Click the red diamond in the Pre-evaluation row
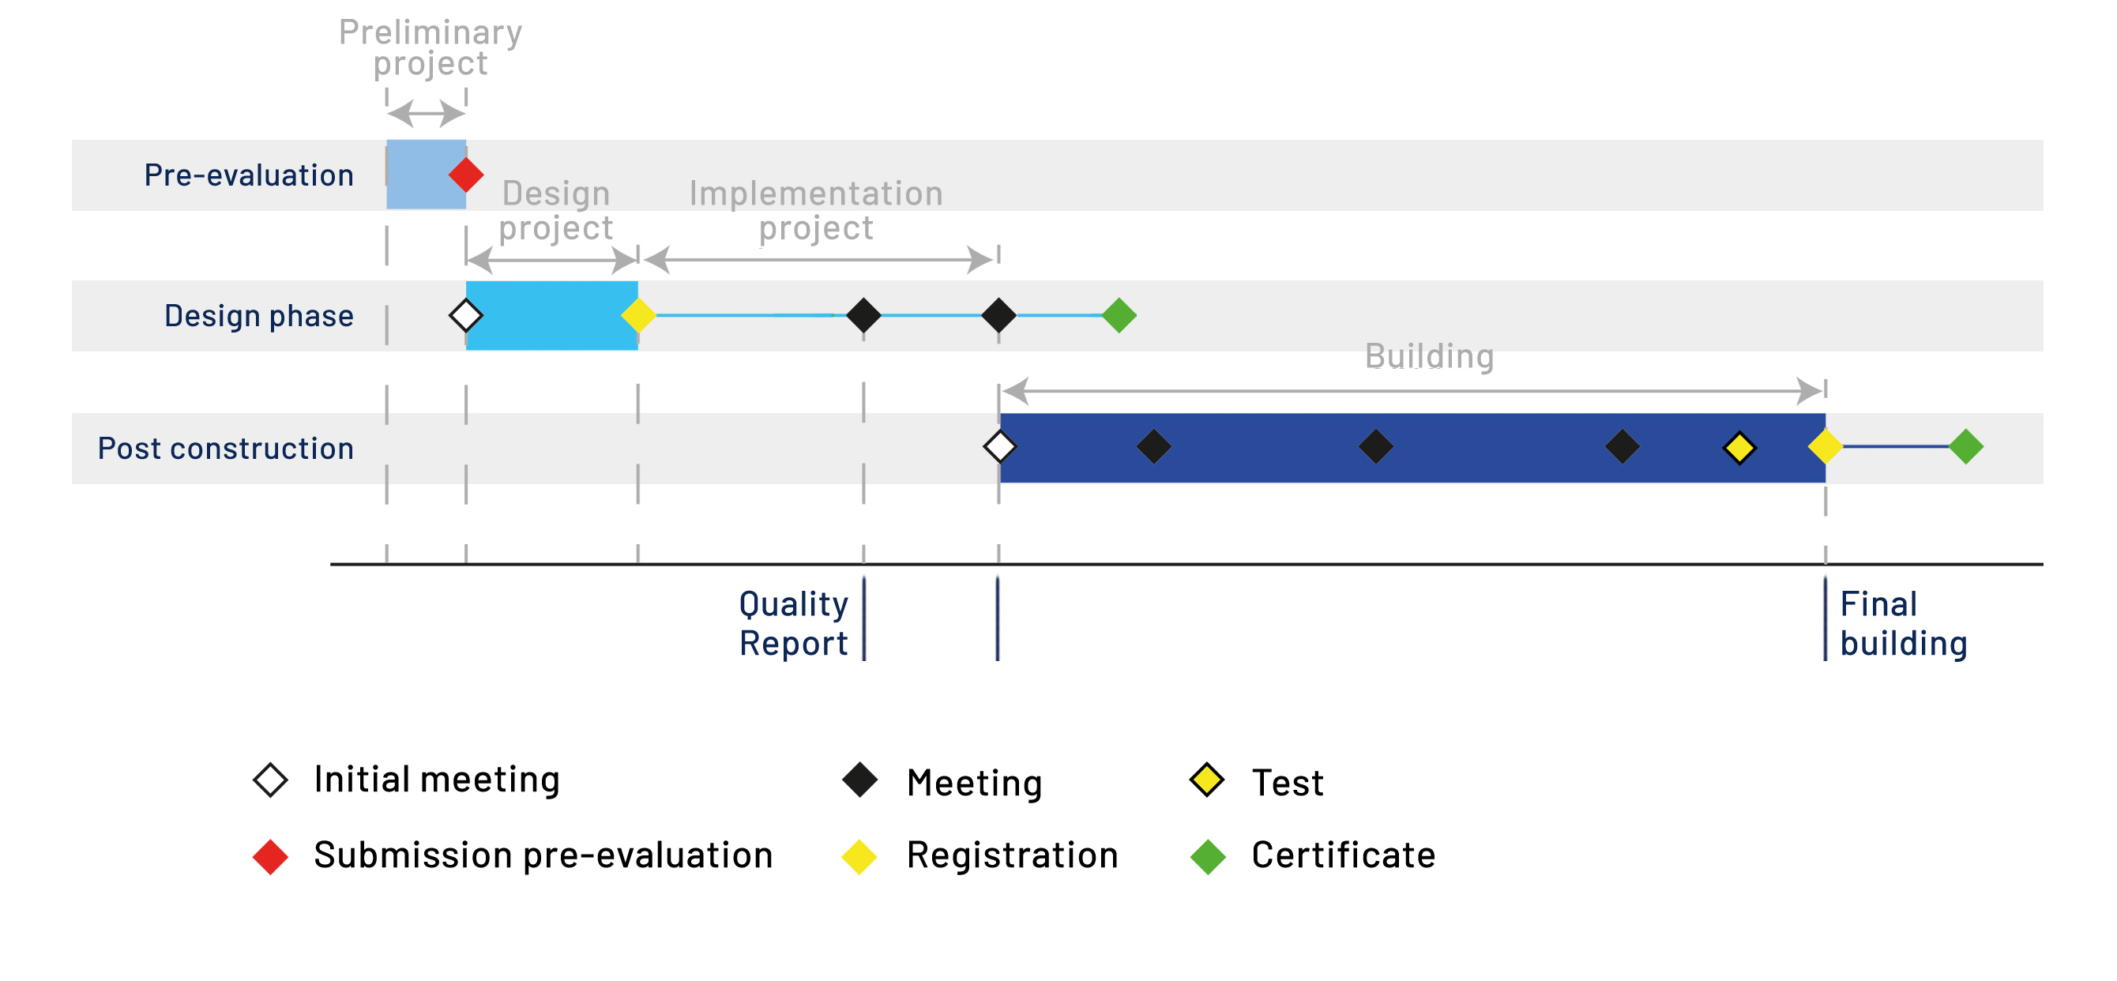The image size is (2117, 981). click(x=466, y=175)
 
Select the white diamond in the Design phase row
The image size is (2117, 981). click(x=466, y=314)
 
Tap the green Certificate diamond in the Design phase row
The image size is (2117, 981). click(x=1119, y=314)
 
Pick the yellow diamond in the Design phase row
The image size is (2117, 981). click(x=637, y=314)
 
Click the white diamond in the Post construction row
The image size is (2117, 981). click(x=999, y=447)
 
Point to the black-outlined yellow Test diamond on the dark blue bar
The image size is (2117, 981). click(x=1739, y=448)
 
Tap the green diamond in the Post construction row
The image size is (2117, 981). click(x=1966, y=447)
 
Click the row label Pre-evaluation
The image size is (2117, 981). click(x=249, y=175)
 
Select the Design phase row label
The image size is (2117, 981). click(x=259, y=316)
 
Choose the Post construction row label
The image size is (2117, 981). click(x=226, y=449)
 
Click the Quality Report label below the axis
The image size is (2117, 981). click(x=793, y=624)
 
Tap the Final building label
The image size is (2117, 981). click(x=1904, y=624)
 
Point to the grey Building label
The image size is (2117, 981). click(x=1429, y=356)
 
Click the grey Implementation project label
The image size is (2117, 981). click(x=816, y=210)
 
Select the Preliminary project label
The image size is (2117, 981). click(x=431, y=47)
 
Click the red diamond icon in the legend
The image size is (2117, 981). click(x=270, y=857)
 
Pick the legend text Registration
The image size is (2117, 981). click(x=1013, y=856)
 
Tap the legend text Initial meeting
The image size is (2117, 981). click(x=436, y=779)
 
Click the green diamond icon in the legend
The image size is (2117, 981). click(x=1208, y=857)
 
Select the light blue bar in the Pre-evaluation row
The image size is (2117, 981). click(x=426, y=175)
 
